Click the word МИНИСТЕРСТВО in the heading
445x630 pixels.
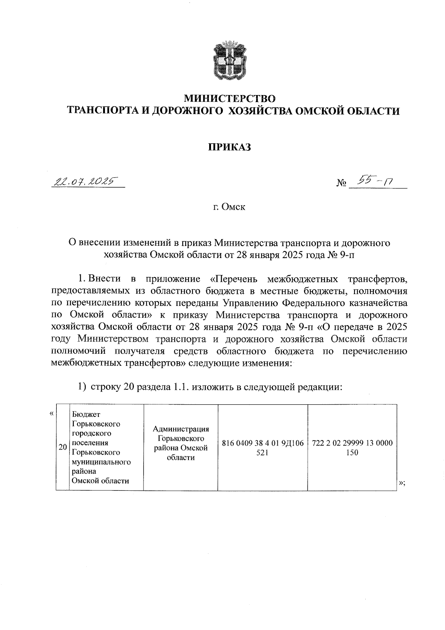click(x=230, y=99)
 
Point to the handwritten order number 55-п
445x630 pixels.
click(x=373, y=182)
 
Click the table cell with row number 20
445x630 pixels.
click(x=62, y=447)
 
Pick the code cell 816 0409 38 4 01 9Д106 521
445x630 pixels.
click(x=263, y=448)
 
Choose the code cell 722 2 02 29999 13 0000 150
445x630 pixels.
click(x=352, y=448)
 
